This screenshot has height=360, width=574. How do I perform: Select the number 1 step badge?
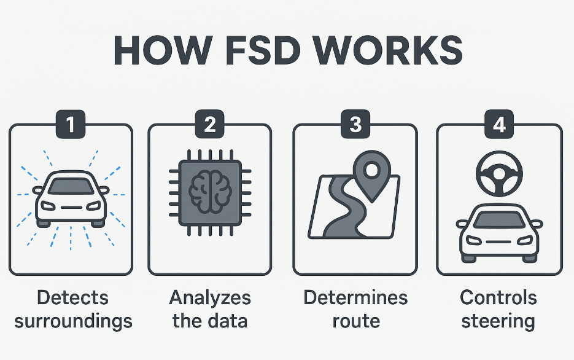pos(71,125)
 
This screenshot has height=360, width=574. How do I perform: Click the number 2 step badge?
pos(210,125)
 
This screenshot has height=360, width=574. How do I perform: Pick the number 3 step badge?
pos(355,125)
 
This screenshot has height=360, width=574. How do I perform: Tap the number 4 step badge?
pos(499,125)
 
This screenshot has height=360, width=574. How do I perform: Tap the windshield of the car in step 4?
pos(499,217)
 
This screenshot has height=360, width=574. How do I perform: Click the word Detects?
pos(72,298)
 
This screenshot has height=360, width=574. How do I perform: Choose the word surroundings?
pos(72,321)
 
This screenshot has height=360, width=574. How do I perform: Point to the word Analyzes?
pos(210,298)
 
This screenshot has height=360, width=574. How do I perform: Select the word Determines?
pos(355,298)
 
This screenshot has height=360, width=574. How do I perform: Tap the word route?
pos(355,321)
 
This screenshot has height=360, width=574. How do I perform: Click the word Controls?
pos(498,298)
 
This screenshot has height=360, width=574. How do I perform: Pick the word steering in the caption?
pos(498,321)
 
